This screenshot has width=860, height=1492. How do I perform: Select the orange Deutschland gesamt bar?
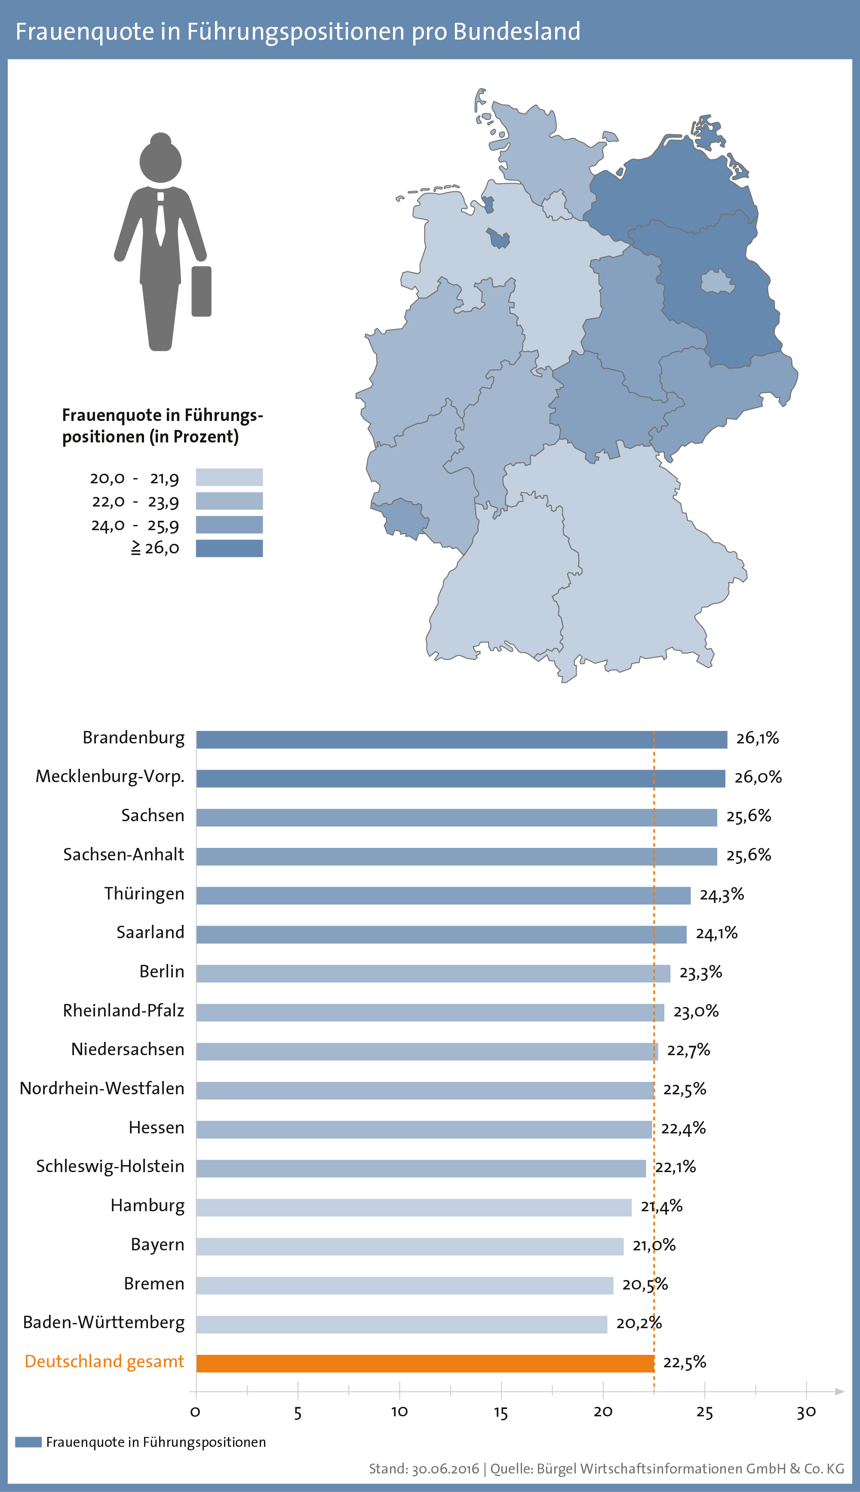click(x=425, y=1363)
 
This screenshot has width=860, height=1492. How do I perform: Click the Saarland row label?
click(x=150, y=932)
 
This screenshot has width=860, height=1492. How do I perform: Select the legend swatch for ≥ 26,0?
click(x=229, y=548)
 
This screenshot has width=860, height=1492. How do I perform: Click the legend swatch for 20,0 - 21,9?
click(x=229, y=477)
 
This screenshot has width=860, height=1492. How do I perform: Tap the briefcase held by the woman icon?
click(x=201, y=291)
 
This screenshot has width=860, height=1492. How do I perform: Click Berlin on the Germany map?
click(x=718, y=282)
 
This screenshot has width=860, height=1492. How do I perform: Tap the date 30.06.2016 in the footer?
click(x=445, y=1469)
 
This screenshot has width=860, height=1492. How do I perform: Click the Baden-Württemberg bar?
click(x=402, y=1324)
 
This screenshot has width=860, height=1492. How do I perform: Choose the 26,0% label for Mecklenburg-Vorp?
click(x=758, y=777)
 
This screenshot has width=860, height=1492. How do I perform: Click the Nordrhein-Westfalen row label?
click(x=102, y=1088)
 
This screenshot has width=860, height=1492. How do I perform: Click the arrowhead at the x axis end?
click(x=839, y=1392)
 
